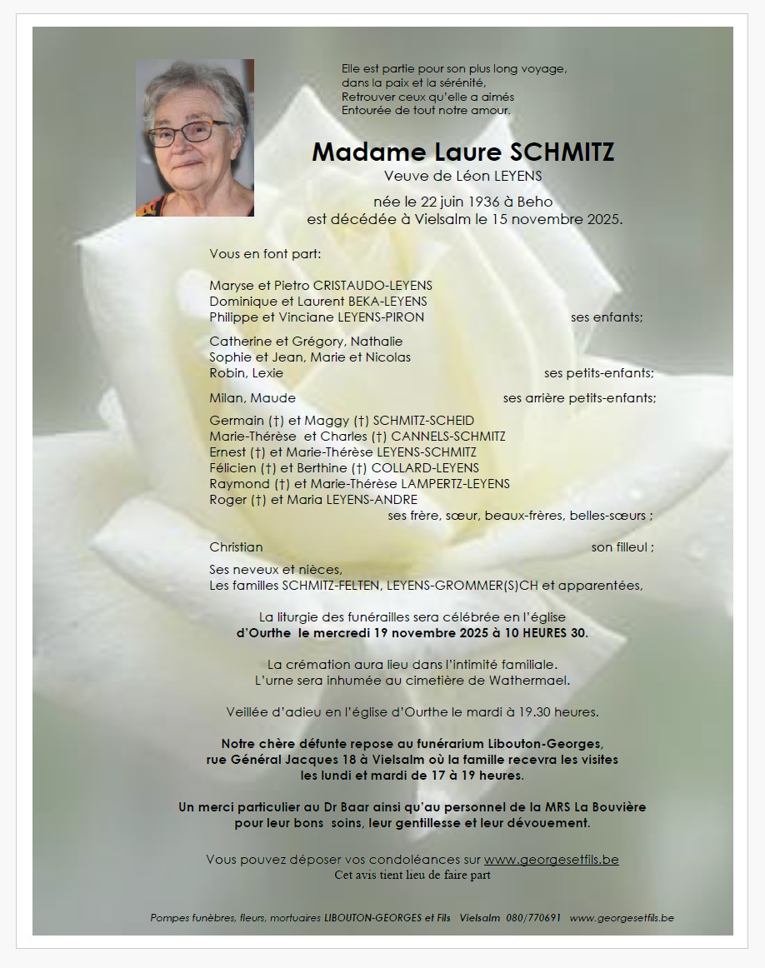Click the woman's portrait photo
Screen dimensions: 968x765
point(195,138)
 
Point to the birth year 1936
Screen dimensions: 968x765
point(484,202)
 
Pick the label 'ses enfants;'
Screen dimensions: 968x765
point(607,317)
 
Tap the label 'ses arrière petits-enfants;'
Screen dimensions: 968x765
point(579,398)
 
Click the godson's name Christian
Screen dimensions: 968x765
point(236,547)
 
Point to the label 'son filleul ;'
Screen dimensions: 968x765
point(622,547)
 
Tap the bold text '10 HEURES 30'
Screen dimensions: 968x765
point(546,633)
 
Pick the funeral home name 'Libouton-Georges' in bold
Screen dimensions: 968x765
point(547,744)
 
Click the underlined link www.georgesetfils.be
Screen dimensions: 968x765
point(551,860)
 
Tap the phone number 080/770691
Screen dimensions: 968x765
point(533,918)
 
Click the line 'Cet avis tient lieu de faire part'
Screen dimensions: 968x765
point(412,875)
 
